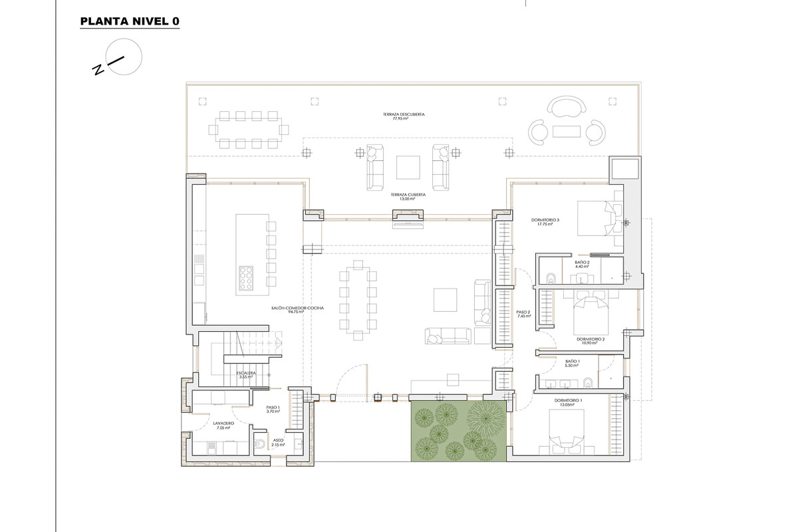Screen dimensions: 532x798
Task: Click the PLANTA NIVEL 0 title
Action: pyautogui.click(x=129, y=21)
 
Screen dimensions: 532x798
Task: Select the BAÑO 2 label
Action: pyautogui.click(x=582, y=264)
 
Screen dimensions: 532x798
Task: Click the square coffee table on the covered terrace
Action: pyautogui.click(x=408, y=167)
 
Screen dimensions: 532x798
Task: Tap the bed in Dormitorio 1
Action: pyautogui.click(x=567, y=431)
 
